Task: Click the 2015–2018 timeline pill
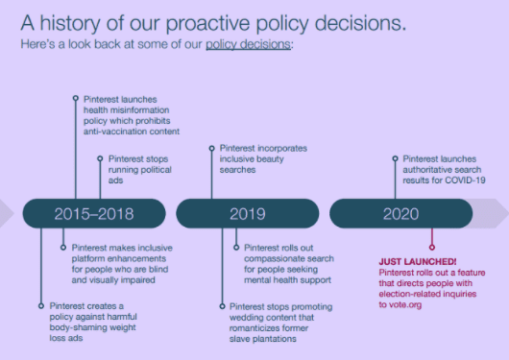click(93, 213)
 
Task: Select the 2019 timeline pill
click(247, 213)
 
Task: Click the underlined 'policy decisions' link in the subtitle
click(249, 44)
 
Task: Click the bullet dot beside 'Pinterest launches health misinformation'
click(76, 98)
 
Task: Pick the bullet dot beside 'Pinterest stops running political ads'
click(99, 157)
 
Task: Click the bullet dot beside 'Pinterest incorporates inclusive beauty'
click(211, 148)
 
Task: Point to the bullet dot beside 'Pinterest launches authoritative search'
click(394, 157)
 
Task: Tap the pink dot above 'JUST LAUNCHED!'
click(431, 247)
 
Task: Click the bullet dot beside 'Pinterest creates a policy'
click(39, 306)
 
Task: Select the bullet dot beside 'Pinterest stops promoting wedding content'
click(222, 306)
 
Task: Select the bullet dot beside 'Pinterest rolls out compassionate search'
click(235, 247)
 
